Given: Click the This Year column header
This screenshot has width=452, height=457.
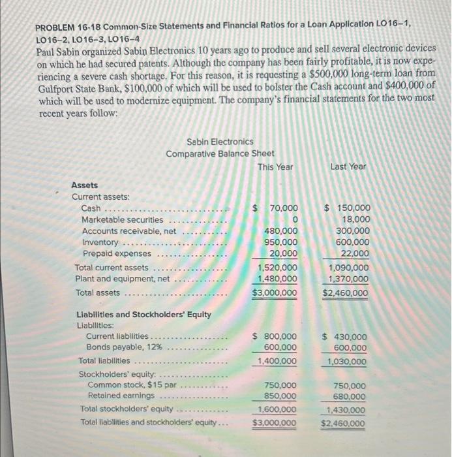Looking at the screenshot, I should coord(275,166).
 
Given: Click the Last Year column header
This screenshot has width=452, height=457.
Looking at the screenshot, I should coord(348,166).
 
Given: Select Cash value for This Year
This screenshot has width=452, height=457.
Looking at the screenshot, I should coord(279,208).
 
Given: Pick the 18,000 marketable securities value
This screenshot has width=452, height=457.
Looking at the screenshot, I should coord(356,219).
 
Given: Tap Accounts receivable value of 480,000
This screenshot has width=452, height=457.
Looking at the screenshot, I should coord(281,230).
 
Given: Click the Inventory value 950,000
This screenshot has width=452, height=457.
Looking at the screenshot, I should coord(281,242).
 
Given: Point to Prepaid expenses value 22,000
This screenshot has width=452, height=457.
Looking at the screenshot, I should coord(356,253).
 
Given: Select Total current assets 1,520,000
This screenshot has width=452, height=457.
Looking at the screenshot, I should coord(278,268).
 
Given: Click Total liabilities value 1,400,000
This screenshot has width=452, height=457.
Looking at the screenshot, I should coord(278,360).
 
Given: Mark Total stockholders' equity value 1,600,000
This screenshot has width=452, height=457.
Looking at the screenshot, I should coord(278,409).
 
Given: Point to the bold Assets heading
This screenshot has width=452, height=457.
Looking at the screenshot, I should coord(85,185).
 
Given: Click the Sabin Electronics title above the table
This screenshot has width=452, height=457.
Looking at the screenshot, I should coord(220,142).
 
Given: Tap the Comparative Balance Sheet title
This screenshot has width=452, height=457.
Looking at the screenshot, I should coord(220,153).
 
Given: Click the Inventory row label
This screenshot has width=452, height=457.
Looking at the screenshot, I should coord(100,242).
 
